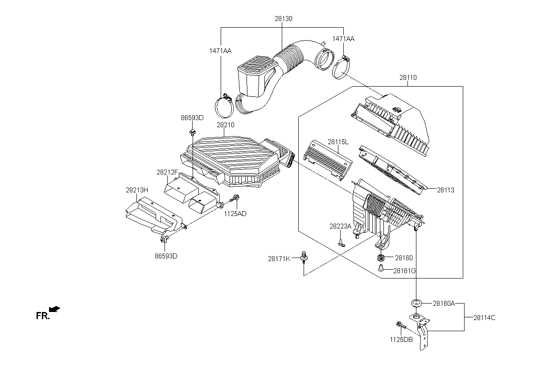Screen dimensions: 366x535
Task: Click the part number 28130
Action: pos(284,19)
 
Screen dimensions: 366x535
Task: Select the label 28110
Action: pos(408,78)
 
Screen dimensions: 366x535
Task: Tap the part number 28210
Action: pos(226,125)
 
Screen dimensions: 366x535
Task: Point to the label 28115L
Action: pos(338,142)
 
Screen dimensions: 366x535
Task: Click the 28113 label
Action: pos(445,189)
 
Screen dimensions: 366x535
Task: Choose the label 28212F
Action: pos(167,172)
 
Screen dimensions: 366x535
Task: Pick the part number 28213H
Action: pos(136,190)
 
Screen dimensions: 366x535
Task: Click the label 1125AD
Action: pos(235,213)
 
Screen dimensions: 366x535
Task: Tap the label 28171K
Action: pos(279,258)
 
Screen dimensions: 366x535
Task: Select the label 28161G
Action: pos(404,270)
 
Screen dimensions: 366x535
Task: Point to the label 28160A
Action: pos(444,304)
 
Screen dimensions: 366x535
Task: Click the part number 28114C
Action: pos(484,318)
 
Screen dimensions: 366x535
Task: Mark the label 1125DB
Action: pos(401,339)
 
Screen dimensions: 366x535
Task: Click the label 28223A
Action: pos(341,226)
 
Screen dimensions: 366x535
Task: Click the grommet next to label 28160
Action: pos(381,258)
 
